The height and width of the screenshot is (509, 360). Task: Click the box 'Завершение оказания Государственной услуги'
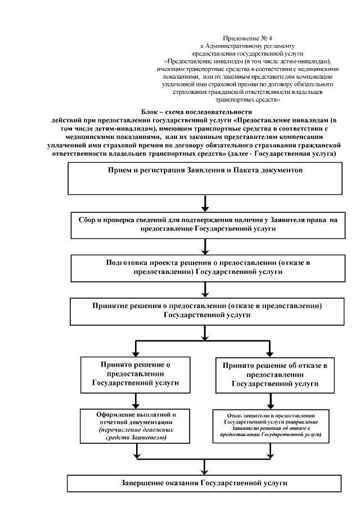coord(205,484)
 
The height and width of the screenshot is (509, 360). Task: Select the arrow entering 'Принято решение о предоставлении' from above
coord(136,347)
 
